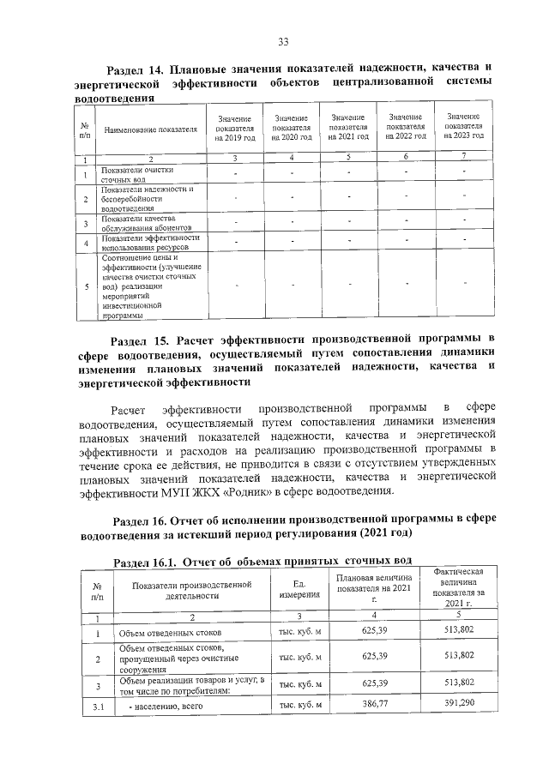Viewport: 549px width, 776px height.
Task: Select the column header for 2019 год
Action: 234,129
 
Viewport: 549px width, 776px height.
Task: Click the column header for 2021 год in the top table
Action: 348,126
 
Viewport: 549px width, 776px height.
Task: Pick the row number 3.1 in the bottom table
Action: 98,707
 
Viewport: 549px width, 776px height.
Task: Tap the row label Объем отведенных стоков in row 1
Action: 162,635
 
